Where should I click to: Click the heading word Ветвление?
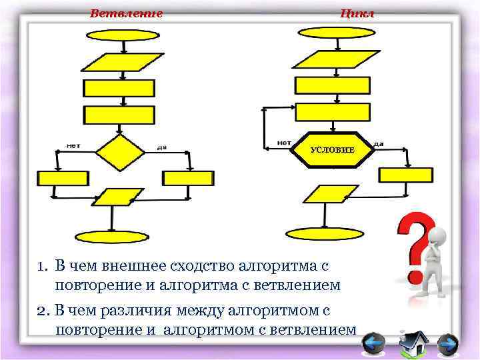point(126,13)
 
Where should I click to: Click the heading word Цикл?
point(357,13)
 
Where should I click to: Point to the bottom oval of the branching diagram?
point(106,237)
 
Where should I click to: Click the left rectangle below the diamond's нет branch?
point(63,178)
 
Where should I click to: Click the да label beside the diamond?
point(161,147)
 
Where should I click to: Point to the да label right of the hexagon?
point(378,143)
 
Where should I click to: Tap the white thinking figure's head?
point(437,234)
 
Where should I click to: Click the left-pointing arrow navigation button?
point(373,345)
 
